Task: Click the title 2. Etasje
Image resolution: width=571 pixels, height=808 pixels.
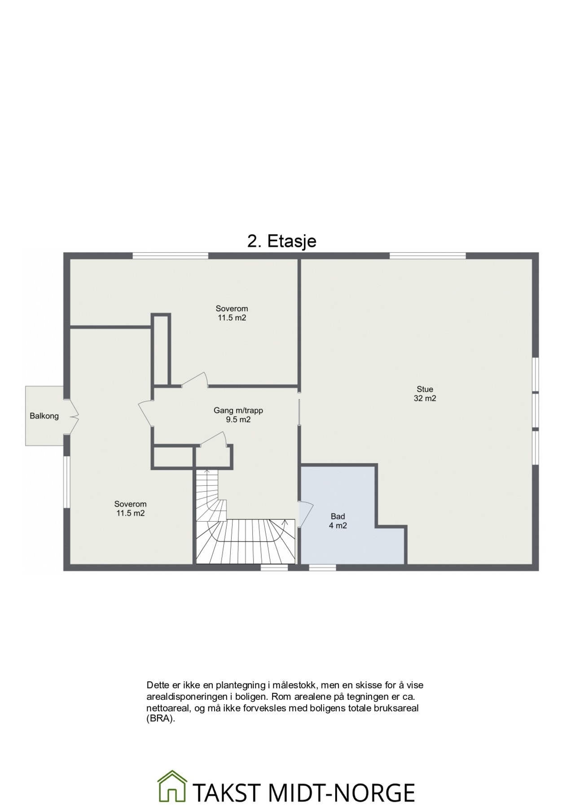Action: pyautogui.click(x=281, y=241)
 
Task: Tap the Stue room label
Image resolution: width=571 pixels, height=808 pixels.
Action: pyautogui.click(x=425, y=389)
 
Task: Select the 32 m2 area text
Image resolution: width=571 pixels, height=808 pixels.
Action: pyautogui.click(x=425, y=399)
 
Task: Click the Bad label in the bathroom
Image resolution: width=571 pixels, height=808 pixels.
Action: pyautogui.click(x=338, y=517)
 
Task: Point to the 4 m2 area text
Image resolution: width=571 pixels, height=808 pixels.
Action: pyautogui.click(x=338, y=526)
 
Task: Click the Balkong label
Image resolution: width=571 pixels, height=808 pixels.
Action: pyautogui.click(x=44, y=416)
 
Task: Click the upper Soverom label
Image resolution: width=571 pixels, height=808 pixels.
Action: pyautogui.click(x=232, y=309)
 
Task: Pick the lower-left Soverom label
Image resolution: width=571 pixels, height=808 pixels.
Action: pyautogui.click(x=130, y=504)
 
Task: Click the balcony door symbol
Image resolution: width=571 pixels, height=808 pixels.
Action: pyautogui.click(x=72, y=416)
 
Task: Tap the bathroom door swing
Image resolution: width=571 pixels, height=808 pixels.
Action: pyautogui.click(x=305, y=514)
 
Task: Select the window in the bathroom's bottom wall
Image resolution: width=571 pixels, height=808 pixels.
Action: pyautogui.click(x=322, y=568)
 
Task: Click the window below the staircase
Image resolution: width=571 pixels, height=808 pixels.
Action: pyautogui.click(x=274, y=568)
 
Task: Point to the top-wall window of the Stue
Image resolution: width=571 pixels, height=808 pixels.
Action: pyautogui.click(x=427, y=256)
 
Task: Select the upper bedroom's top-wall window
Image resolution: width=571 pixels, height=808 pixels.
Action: pyautogui.click(x=171, y=256)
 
